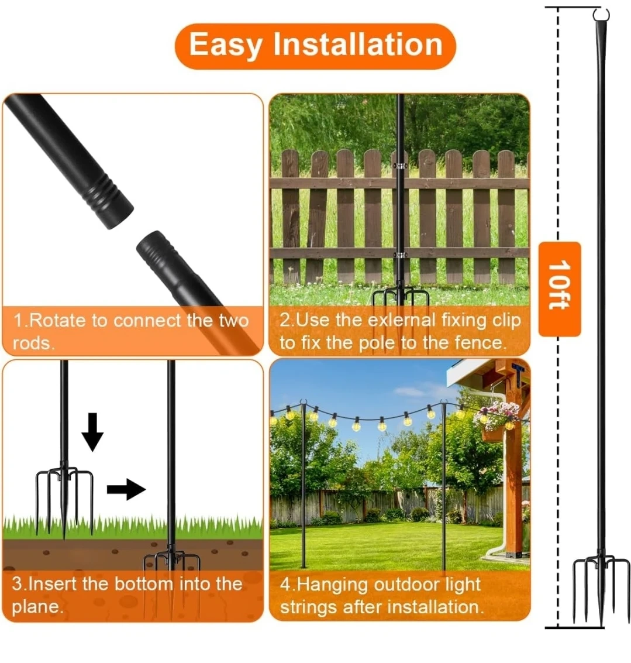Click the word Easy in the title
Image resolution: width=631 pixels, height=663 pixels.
225,46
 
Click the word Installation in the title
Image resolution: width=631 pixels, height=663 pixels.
357,44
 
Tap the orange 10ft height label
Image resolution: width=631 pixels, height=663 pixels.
560,289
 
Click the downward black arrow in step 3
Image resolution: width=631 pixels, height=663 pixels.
92,432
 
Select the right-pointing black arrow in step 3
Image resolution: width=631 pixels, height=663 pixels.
126,490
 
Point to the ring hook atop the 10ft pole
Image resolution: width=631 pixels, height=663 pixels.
601,15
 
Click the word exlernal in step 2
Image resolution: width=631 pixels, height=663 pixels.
401,320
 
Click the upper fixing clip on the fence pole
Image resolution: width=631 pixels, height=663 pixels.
399,166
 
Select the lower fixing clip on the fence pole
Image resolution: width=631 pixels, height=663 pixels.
399,255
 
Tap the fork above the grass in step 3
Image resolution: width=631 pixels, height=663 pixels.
64,499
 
